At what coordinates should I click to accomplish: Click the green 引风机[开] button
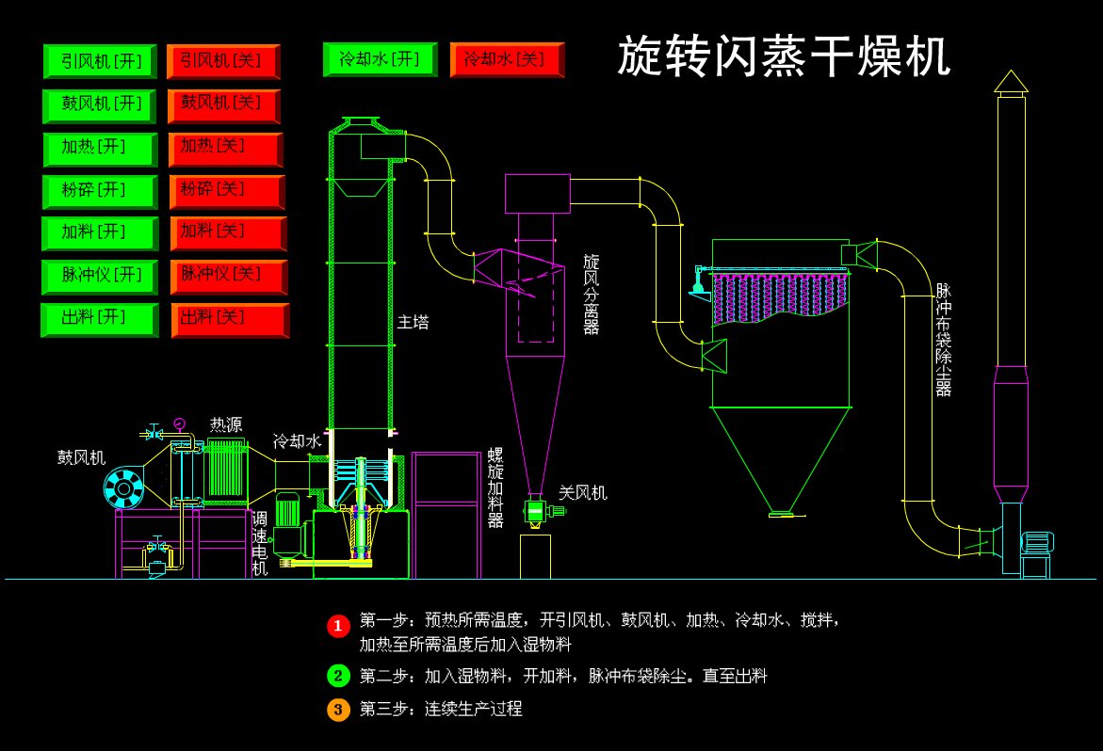point(100,61)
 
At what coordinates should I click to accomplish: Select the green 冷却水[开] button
point(380,59)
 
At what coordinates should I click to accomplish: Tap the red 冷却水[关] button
point(507,59)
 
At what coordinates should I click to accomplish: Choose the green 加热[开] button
point(100,149)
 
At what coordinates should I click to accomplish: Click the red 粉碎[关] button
point(226,191)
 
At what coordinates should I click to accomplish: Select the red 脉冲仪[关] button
point(228,277)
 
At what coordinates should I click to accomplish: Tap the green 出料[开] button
point(99,319)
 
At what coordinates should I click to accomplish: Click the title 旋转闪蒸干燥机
point(784,56)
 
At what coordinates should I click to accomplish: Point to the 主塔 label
point(413,322)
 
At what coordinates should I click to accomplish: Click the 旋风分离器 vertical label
point(591,294)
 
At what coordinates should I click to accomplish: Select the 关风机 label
point(582,492)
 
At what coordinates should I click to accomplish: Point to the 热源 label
point(226,424)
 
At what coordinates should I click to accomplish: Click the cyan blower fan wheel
point(123,488)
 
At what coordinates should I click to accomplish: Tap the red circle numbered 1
point(338,626)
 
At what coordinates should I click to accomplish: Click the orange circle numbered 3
point(338,710)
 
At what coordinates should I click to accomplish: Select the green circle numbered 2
point(338,676)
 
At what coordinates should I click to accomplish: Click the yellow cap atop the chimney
point(1011,82)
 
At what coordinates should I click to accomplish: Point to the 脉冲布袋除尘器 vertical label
point(943,339)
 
